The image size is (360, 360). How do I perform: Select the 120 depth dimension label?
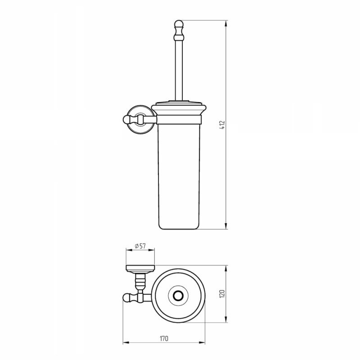[x=222, y=294]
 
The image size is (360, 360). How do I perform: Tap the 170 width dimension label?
[x=164, y=338]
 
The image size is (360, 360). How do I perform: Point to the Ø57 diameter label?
[x=140, y=246]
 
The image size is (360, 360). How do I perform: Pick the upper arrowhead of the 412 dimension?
[x=226, y=24]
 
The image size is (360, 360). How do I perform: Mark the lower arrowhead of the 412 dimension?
[x=226, y=226]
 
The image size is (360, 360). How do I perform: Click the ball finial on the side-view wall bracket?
[x=127, y=119]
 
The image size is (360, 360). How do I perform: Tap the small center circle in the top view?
[x=178, y=296]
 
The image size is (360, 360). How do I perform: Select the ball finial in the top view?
[x=127, y=297]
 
